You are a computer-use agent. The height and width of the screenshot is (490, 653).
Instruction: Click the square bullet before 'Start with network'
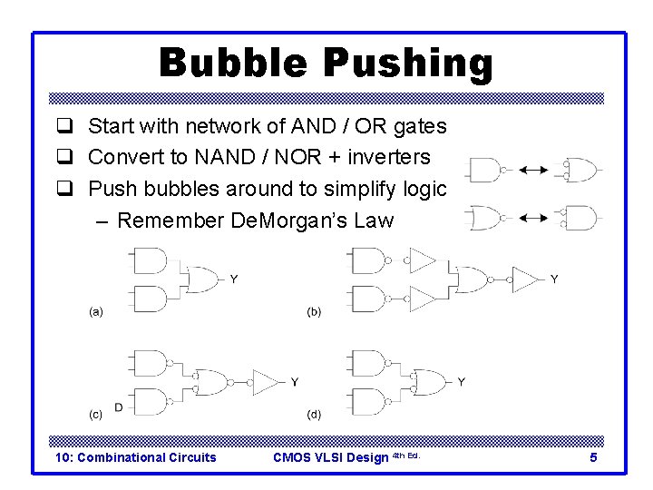(x=63, y=126)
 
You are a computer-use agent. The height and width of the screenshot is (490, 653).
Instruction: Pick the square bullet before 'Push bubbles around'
(x=63, y=189)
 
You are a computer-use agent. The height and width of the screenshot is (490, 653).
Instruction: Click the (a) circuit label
(x=95, y=311)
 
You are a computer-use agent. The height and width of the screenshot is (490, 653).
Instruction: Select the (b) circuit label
(x=314, y=311)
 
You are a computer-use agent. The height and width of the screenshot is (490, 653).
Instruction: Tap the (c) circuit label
(x=95, y=415)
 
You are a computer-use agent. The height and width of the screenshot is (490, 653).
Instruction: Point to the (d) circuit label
(x=314, y=415)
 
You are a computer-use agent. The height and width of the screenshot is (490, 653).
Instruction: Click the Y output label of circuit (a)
(x=234, y=279)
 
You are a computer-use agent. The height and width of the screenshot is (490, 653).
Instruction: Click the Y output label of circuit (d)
(x=462, y=382)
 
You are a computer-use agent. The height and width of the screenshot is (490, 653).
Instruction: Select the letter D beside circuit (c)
(x=119, y=407)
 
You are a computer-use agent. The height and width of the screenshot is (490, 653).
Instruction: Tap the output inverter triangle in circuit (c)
(x=267, y=382)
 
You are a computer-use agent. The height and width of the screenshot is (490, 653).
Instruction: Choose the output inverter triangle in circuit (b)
(x=525, y=279)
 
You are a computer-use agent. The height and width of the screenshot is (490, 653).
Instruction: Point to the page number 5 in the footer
(x=593, y=457)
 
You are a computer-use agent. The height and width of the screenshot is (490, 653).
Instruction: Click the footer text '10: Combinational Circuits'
(x=136, y=457)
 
